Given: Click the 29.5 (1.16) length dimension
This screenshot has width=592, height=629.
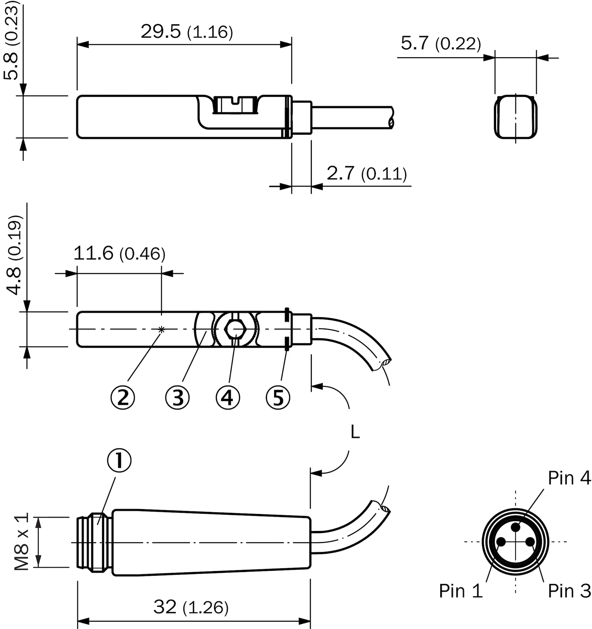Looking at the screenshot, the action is [187, 32].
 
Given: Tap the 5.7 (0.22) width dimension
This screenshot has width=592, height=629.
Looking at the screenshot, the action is [441, 43].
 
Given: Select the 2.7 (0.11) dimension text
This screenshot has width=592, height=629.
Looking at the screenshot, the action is [367, 174].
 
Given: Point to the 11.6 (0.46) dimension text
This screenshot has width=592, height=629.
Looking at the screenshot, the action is [119, 253].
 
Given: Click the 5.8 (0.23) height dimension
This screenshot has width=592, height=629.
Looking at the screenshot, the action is [12, 40].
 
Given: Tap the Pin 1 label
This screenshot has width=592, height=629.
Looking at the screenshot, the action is [461, 591].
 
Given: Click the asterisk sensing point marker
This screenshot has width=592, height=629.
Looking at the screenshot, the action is [162, 329].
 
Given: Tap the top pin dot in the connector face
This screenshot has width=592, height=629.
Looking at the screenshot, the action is [516, 527].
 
